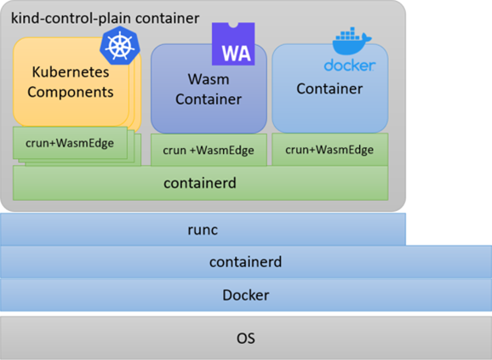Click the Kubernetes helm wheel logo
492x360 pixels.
(119, 46)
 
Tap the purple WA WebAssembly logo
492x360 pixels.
(233, 44)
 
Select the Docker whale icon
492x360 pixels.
(352, 41)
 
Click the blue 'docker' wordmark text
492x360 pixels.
(349, 66)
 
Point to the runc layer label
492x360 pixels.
(203, 230)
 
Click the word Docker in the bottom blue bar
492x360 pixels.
(246, 295)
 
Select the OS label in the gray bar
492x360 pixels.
(246, 338)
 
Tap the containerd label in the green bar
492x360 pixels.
(200, 183)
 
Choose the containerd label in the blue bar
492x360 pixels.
(246, 262)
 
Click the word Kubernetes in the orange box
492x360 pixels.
(71, 71)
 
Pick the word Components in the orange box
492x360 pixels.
(71, 92)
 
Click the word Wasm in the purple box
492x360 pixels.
(209, 79)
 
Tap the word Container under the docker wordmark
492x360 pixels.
(329, 89)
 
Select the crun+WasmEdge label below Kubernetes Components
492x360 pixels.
(70, 143)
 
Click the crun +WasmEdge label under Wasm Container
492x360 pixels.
(209, 150)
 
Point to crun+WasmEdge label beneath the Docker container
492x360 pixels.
(329, 150)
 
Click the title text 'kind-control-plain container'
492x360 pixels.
(105, 18)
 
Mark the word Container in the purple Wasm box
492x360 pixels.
(209, 99)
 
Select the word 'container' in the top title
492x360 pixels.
(167, 19)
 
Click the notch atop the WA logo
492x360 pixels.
(233, 25)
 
